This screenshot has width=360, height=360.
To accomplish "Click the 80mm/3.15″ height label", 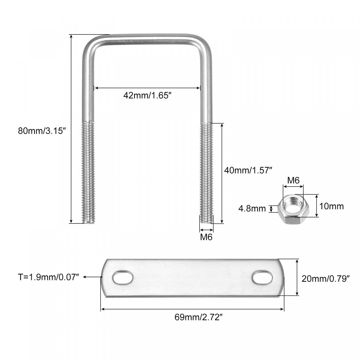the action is click(42, 131).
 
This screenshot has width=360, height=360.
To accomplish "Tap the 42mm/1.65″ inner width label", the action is click(147, 95).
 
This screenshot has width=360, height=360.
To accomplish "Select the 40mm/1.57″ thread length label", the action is click(248, 170).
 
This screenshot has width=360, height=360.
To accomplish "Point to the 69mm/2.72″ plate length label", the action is click(199, 317).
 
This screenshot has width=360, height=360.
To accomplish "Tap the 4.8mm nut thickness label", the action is click(252, 208).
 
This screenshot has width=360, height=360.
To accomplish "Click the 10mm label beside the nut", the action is click(331, 206).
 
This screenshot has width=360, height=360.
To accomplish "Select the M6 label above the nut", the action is click(293, 180).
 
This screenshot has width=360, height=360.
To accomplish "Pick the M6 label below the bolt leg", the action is click(206, 237).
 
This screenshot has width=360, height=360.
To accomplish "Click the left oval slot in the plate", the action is click(123, 278).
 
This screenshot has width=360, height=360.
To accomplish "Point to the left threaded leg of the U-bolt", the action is click(88, 172).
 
